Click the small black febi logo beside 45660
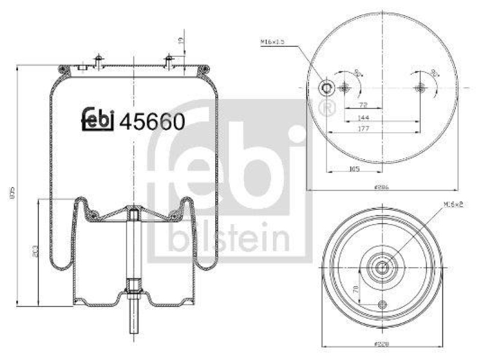tap(98, 120)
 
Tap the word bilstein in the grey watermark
tap(228, 239)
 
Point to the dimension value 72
tap(363, 105)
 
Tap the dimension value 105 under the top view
tap(354, 169)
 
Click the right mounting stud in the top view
tap(420, 88)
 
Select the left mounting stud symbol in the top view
tap(345, 88)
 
